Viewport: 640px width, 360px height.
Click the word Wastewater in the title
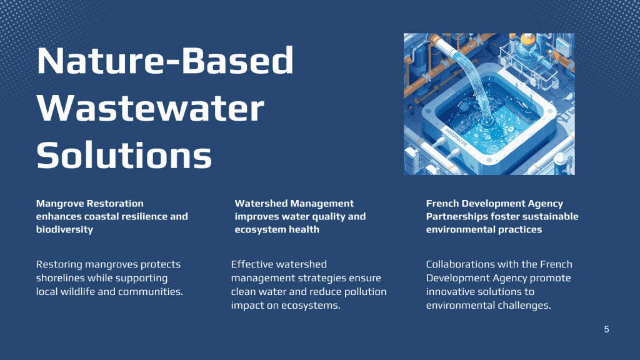click(150, 107)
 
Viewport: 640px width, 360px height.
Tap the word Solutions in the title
click(124, 155)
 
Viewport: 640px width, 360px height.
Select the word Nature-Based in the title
click(165, 60)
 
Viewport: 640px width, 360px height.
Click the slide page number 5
click(606, 329)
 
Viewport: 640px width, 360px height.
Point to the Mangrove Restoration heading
click(90, 203)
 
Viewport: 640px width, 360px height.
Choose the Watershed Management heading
click(294, 203)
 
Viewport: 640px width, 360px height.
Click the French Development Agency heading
click(494, 203)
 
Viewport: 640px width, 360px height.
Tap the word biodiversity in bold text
click(64, 229)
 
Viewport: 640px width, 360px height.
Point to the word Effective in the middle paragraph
click(249, 264)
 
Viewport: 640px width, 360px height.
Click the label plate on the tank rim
click(456, 137)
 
